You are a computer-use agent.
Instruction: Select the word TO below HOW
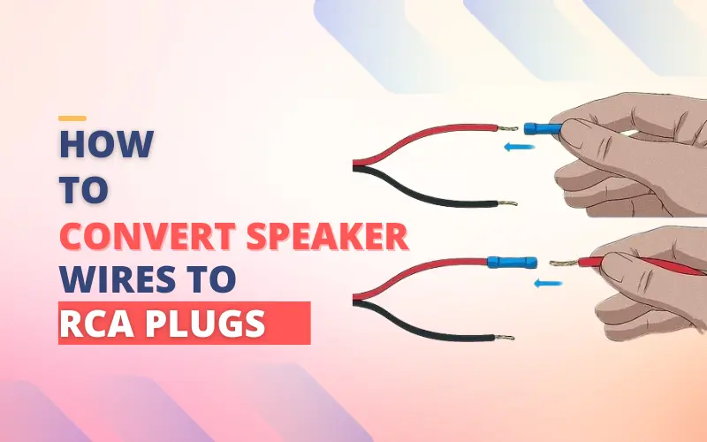[84, 189]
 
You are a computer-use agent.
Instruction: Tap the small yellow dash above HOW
[72, 118]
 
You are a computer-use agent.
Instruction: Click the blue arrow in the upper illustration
[520, 148]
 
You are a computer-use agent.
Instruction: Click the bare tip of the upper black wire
[506, 202]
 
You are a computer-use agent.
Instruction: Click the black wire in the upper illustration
[424, 189]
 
